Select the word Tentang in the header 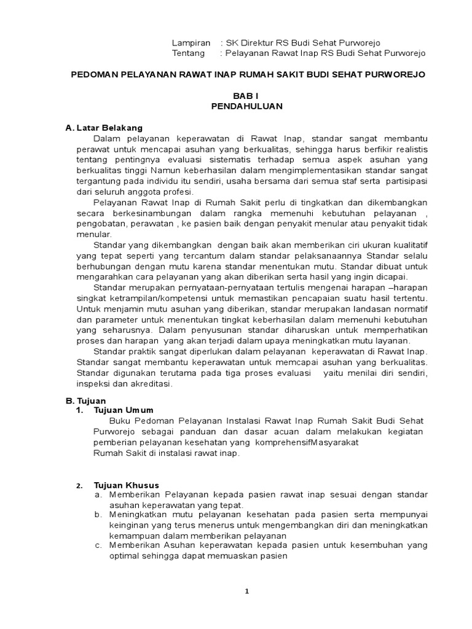click(189, 53)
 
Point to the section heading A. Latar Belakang click(104, 128)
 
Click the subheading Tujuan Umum click(124, 410)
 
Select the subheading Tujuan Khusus click(126, 485)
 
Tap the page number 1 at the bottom click(246, 591)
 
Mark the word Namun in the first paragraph click(178, 171)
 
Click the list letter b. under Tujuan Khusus click(98, 514)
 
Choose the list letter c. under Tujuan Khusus click(98, 545)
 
